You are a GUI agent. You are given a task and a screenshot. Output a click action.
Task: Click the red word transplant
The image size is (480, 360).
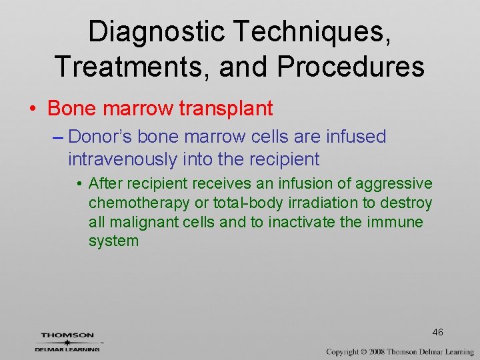click(229, 107)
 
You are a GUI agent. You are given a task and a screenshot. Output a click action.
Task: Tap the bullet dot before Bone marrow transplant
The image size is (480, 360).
click(34, 108)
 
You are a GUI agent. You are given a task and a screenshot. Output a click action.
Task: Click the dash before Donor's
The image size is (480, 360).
click(57, 137)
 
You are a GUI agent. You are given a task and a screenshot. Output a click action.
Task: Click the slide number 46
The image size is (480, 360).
click(437, 332)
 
